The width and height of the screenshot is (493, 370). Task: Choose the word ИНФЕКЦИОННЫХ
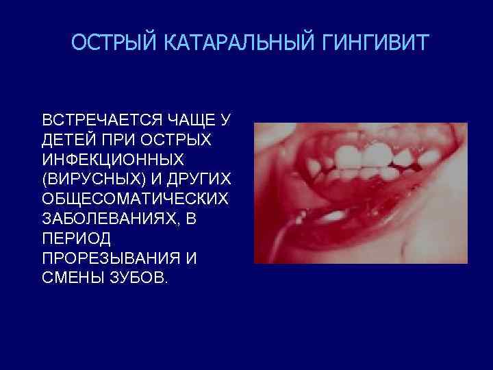[113, 160]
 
